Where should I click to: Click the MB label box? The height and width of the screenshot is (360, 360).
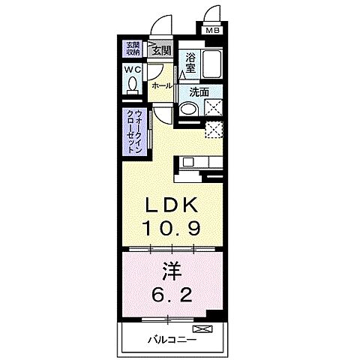point(214,31)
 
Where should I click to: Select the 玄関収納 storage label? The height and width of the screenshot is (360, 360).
point(133,49)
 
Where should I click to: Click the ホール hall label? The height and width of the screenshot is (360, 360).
point(162,86)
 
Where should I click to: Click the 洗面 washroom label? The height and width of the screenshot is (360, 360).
point(199,93)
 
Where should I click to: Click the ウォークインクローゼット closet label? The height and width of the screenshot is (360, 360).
point(136,132)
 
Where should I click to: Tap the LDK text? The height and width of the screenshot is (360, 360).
point(177,205)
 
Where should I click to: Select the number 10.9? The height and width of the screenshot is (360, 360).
point(177,227)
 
